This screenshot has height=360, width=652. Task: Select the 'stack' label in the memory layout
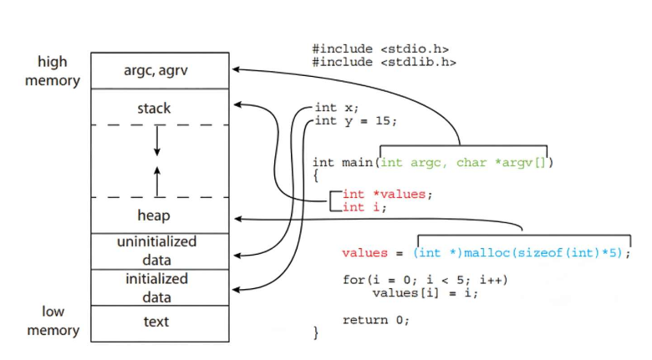coord(154,108)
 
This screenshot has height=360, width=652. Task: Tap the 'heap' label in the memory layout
coord(154,215)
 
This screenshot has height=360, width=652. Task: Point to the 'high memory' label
coord(53,71)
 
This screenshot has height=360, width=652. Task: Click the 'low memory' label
coord(53,321)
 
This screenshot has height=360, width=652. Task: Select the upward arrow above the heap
coord(156,179)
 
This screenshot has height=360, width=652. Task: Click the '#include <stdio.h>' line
coord(380,49)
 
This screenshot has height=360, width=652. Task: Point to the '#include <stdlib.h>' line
coord(384,62)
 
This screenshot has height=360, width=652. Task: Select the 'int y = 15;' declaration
coord(355,121)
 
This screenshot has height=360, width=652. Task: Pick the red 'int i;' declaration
coord(364,207)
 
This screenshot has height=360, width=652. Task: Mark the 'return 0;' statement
coord(376,320)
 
